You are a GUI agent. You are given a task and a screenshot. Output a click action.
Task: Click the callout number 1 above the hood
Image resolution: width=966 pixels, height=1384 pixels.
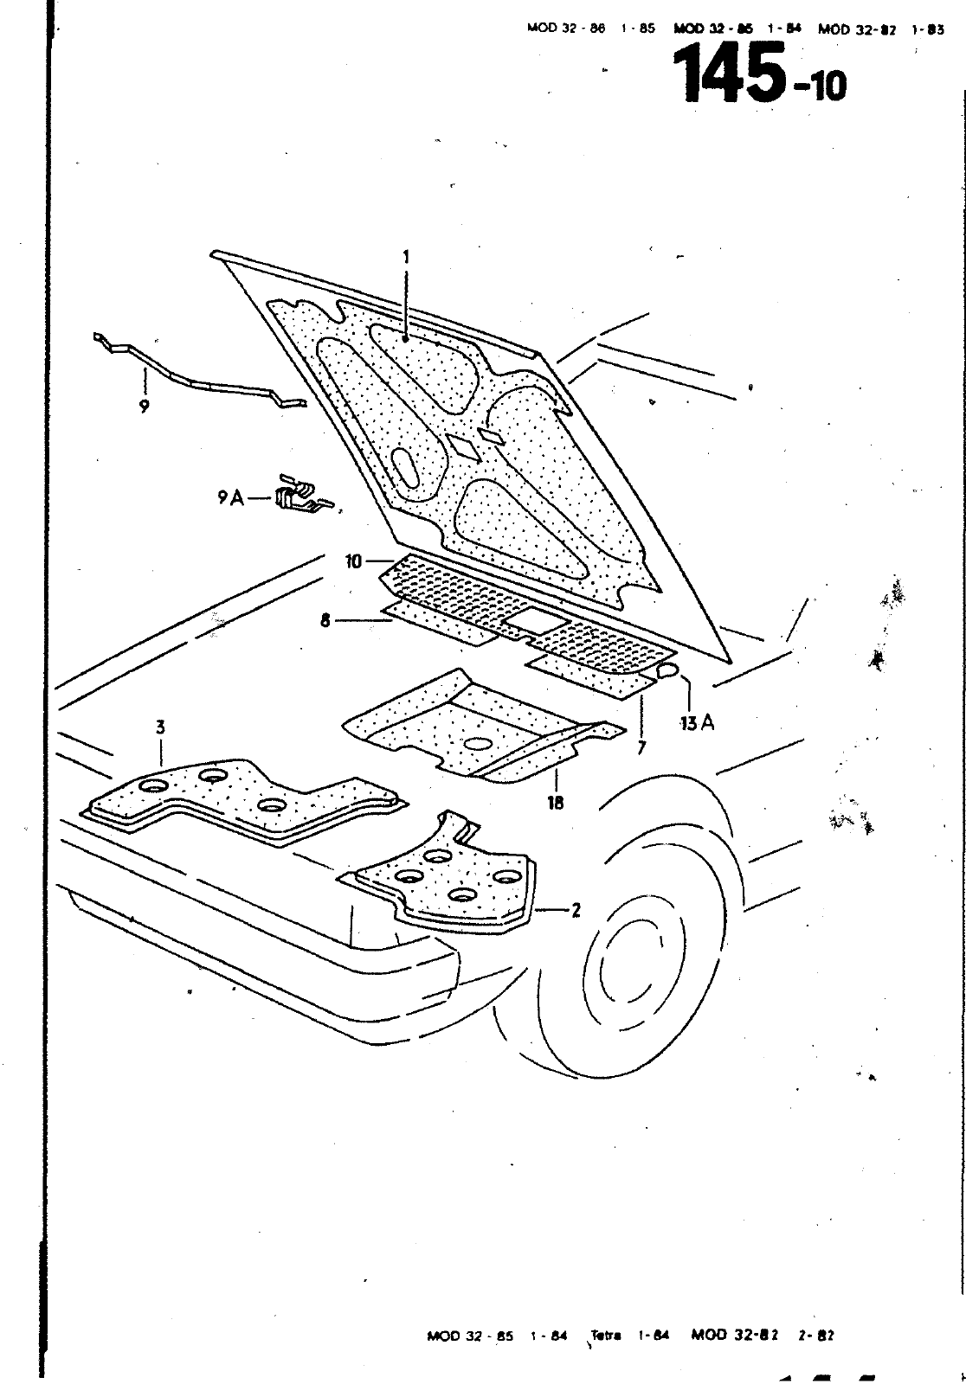click(405, 258)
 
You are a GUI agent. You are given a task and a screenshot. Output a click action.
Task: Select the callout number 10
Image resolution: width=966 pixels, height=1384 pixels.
click(354, 562)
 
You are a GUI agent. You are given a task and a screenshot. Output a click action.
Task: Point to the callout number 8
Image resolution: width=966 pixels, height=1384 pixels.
click(325, 620)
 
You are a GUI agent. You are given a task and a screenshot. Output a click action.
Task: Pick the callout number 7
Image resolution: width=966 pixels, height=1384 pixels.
click(641, 747)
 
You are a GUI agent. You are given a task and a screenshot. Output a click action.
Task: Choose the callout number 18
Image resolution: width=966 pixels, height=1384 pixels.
click(555, 803)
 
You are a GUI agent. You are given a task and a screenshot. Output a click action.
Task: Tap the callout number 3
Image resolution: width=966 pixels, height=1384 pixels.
click(160, 727)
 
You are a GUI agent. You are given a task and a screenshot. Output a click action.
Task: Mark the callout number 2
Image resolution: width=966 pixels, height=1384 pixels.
click(576, 910)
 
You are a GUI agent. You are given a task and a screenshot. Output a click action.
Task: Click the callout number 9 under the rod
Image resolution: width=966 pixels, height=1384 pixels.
click(144, 405)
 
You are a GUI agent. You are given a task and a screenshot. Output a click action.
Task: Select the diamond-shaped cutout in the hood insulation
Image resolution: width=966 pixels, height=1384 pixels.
click(463, 445)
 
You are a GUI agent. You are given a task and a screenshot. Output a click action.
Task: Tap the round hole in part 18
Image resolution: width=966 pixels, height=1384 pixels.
click(477, 743)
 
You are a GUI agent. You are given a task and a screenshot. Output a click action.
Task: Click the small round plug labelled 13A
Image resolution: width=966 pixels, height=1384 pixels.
click(667, 670)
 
